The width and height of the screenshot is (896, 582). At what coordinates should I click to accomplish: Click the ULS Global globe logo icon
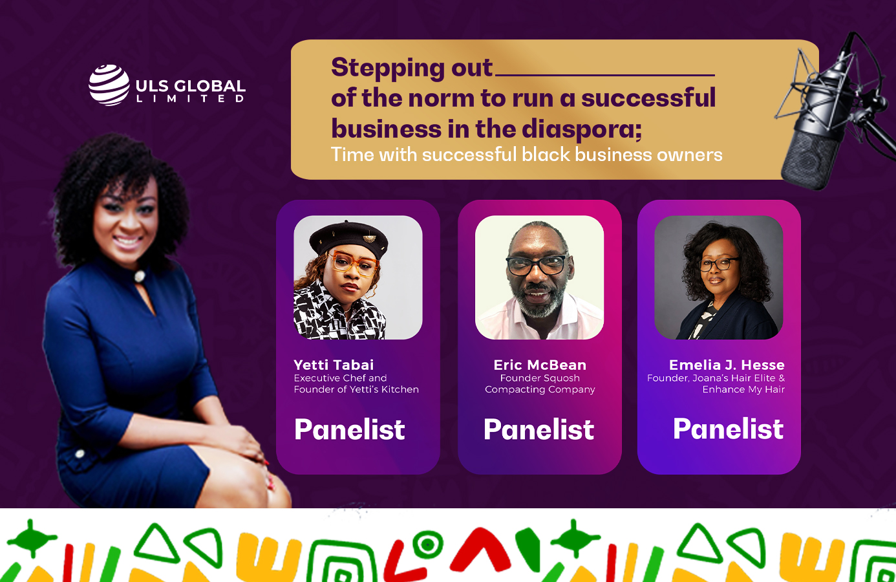click(x=109, y=85)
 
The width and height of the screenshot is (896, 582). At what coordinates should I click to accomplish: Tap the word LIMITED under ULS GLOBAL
click(x=191, y=98)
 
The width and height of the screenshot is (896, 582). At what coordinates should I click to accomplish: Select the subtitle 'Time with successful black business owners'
click(x=526, y=155)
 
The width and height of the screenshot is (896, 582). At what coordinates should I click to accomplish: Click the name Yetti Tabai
click(x=334, y=365)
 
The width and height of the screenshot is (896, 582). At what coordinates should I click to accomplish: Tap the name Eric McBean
click(x=540, y=365)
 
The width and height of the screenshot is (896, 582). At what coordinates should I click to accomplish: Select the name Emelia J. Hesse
click(x=727, y=365)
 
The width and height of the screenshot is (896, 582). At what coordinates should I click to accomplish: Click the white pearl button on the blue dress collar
click(x=139, y=275)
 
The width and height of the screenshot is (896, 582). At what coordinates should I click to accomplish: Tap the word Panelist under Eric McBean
click(x=539, y=429)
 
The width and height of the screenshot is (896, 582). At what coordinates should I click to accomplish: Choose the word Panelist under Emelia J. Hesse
click(x=728, y=429)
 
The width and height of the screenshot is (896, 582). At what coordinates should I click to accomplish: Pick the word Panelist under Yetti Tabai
click(x=350, y=429)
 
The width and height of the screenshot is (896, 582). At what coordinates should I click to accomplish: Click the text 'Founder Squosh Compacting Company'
click(x=540, y=383)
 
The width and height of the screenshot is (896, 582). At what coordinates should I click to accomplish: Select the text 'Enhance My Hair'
click(x=743, y=389)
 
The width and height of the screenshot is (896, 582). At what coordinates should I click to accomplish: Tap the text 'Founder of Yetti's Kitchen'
click(x=356, y=389)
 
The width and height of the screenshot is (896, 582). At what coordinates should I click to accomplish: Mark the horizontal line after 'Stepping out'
click(x=605, y=75)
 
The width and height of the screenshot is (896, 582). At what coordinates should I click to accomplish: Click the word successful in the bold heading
click(x=648, y=98)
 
